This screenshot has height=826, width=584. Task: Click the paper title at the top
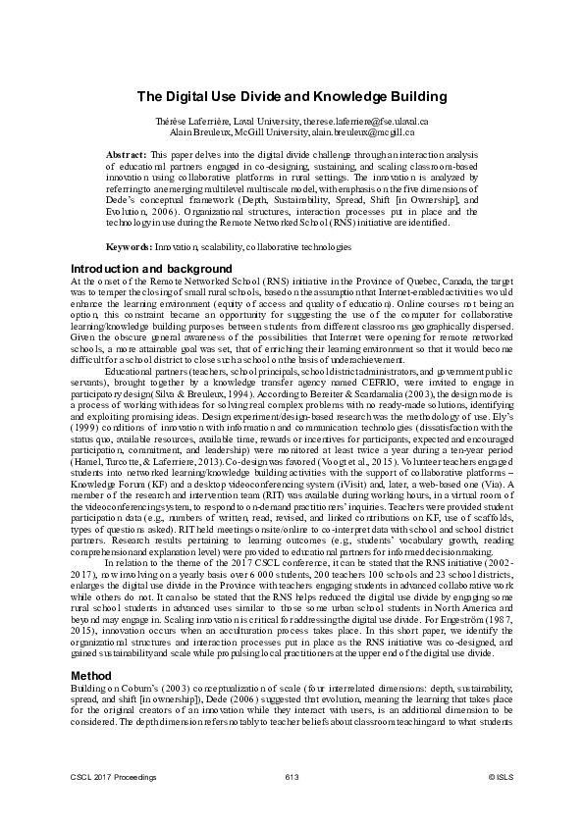(x=292, y=96)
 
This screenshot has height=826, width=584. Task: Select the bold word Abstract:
(x=126, y=155)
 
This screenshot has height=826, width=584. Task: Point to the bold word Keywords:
(x=128, y=247)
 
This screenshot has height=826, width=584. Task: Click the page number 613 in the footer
(x=292, y=777)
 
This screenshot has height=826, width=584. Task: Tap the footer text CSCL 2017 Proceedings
(x=111, y=777)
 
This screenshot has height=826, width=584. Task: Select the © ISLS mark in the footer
(x=500, y=777)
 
